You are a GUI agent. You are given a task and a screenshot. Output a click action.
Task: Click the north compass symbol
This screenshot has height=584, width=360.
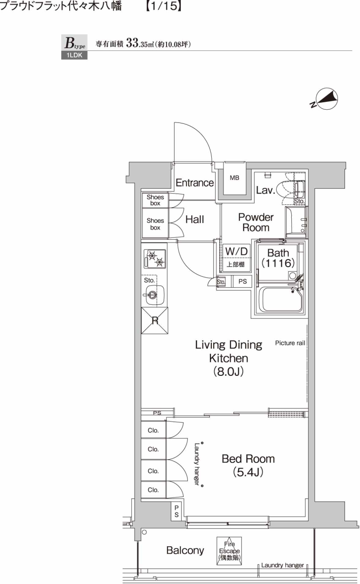coord(324,98)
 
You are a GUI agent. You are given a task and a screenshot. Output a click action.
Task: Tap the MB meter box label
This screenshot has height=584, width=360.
coord(234,178)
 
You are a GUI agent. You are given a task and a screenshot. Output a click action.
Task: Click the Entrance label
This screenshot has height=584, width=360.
coord(194,183)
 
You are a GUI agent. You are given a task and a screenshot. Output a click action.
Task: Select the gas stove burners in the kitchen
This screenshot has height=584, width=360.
coord(155,259)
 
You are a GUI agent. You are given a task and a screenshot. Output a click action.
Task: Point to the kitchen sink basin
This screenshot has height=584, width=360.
coord(155,295)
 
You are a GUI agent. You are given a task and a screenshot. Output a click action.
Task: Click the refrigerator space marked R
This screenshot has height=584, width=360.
coord(155,320)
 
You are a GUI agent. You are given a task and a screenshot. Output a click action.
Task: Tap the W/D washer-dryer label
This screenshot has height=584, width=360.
coord(236,251)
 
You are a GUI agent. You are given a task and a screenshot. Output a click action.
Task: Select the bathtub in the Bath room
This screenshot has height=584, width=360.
coord(282,300)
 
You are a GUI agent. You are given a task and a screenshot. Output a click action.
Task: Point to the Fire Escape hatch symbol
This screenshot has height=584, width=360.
coord(229,551)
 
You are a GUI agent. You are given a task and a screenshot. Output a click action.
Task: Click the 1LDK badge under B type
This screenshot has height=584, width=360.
coord(74,55)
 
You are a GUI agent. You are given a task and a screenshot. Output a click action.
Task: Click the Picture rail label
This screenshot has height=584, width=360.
coord(290,343)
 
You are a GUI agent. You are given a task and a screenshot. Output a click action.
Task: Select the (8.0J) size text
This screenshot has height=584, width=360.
coord(228,371)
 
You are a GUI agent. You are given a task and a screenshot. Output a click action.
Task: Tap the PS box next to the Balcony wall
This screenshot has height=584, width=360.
coord(176,511)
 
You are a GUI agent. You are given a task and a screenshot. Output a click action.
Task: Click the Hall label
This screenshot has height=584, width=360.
coord(194,219)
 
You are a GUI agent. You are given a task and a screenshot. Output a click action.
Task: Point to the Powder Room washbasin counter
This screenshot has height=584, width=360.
coord(296,222)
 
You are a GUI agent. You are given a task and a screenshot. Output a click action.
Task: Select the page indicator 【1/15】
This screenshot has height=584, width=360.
coord(163,6)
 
